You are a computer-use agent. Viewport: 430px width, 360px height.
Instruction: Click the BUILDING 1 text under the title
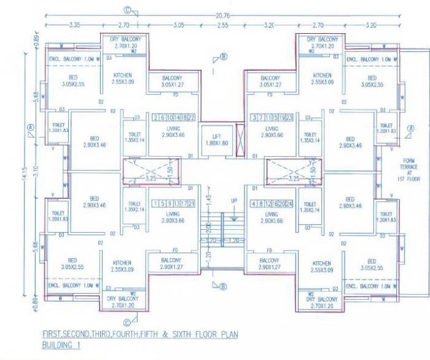pos(61,345)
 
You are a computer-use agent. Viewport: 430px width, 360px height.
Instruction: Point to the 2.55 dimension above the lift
pos(222,26)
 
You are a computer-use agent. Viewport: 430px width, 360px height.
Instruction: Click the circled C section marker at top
pos(127,10)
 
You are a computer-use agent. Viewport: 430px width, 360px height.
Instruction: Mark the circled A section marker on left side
pos(30,128)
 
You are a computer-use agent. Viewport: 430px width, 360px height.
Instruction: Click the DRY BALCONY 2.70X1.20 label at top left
pos(123,42)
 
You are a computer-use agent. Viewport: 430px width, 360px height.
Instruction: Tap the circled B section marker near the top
pos(224,57)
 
